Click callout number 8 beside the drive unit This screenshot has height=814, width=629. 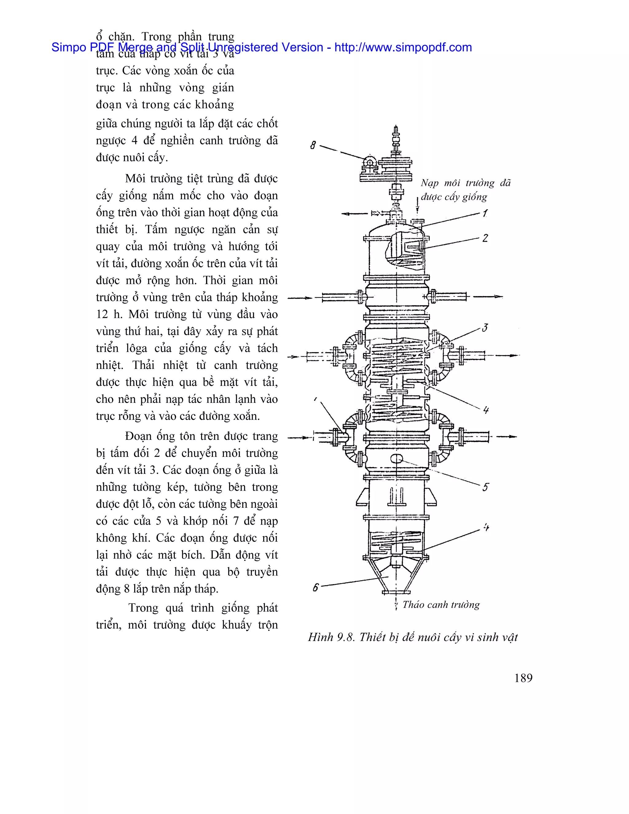(x=313, y=145)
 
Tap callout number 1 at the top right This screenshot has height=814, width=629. (x=485, y=213)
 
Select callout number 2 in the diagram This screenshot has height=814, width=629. (x=485, y=238)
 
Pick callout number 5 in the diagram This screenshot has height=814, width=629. (x=485, y=487)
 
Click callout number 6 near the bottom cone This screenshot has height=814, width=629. (x=316, y=588)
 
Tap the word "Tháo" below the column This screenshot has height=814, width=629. (x=413, y=605)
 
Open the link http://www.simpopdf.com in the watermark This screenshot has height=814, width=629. (x=403, y=47)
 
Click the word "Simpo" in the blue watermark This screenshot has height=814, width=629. (x=68, y=47)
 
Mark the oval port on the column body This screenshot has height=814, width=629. (x=397, y=458)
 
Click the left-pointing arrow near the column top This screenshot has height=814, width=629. (x=354, y=213)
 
